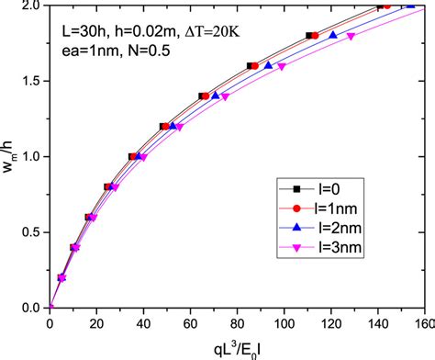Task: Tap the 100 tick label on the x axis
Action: click(283, 322)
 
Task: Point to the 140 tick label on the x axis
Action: click(376, 322)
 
